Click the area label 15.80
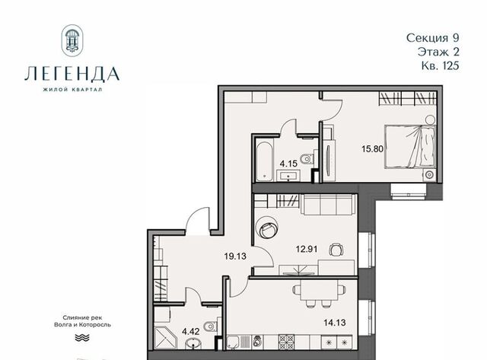pyautogui.click(x=372, y=148)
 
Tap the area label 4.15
pyautogui.click(x=288, y=164)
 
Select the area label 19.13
pyautogui.click(x=235, y=256)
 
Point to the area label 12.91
pyautogui.click(x=306, y=249)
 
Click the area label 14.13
pyautogui.click(x=335, y=323)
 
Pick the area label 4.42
pyautogui.click(x=191, y=331)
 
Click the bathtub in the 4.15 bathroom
pyautogui.click(x=264, y=161)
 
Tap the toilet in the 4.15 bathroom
pyautogui.click(x=307, y=159)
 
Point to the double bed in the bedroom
pyautogui.click(x=410, y=147)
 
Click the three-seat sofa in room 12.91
pyautogui.click(x=328, y=205)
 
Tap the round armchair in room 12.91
pyautogui.click(x=266, y=227)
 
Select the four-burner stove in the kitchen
pyautogui.click(x=286, y=342)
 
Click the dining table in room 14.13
pyautogui.click(x=319, y=290)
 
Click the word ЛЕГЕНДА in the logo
pyautogui.click(x=72, y=74)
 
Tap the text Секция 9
pyautogui.click(x=432, y=38)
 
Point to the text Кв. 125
pyautogui.click(x=440, y=66)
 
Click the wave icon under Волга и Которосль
pyautogui.click(x=82, y=337)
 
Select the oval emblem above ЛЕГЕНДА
pyautogui.click(x=72, y=40)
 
